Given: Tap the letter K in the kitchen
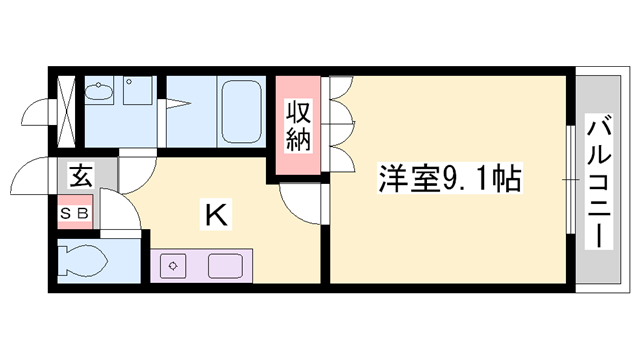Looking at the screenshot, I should pos(215,213).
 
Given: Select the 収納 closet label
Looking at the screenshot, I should pos(299,125).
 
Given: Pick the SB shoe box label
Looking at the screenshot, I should pos(75,212).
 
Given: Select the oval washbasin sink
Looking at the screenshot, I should pos(99,93).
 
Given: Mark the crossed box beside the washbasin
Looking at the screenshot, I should pos(67,106).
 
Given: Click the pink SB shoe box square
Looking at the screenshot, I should pos(75,212).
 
